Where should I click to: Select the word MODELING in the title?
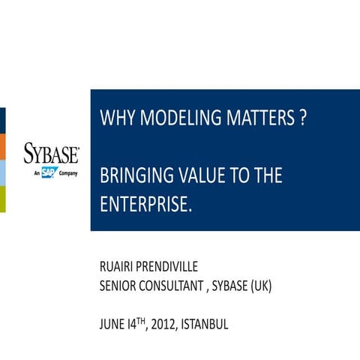point(174,119)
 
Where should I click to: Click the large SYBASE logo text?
point(51,154)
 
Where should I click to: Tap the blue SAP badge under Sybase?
point(49,172)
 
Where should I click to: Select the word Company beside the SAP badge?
point(68,172)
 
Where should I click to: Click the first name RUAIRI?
point(119,268)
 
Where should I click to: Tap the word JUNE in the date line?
point(113,325)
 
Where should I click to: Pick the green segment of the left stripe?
point(2,199)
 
